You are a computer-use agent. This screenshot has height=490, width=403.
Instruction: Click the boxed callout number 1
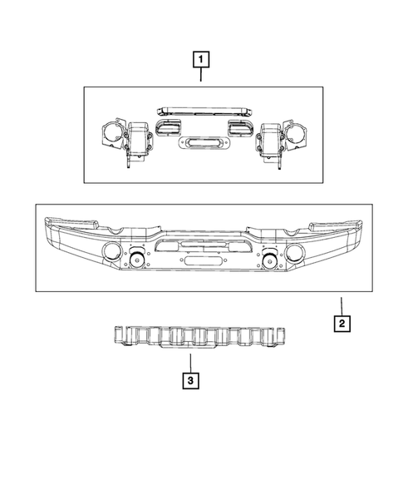[x=201, y=59]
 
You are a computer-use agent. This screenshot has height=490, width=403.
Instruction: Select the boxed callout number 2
[x=342, y=323]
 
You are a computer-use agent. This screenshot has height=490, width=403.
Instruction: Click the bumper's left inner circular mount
[x=136, y=258]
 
